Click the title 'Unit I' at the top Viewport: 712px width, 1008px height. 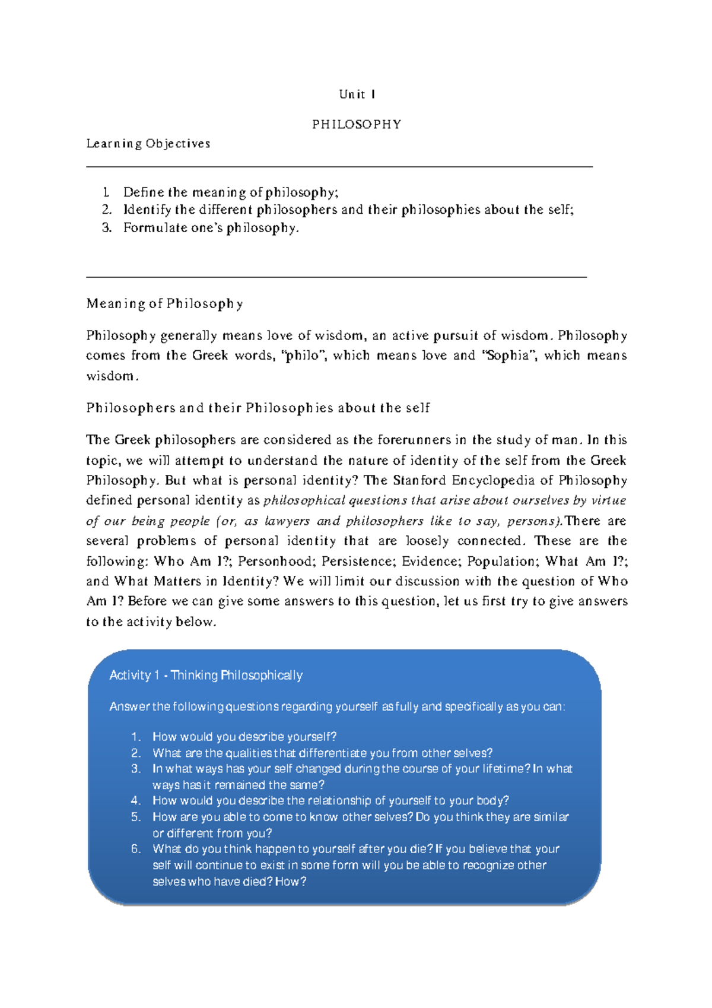pos(357,94)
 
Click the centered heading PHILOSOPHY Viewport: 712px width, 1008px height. pos(357,125)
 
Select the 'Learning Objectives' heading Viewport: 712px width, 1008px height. pos(148,144)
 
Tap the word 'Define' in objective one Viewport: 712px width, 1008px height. pos(143,192)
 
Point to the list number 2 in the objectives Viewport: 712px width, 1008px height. pos(106,210)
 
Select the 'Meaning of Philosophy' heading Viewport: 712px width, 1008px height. pos(164,304)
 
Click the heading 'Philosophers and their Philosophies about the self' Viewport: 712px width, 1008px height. pos(258,408)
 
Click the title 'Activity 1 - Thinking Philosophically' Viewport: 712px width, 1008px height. pos(206,676)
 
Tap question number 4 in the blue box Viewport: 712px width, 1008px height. pos(136,801)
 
